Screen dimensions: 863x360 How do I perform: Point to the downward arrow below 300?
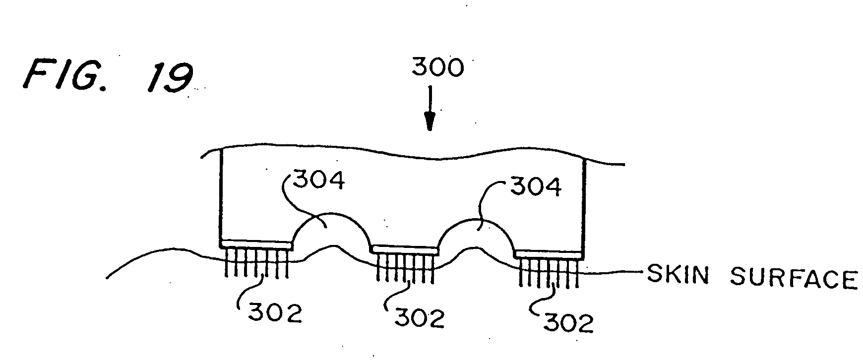coord(430,109)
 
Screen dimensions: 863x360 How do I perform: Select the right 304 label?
coord(535,187)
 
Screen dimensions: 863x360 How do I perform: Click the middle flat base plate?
coord(405,249)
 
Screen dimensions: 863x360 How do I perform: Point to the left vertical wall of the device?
coord(221,196)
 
